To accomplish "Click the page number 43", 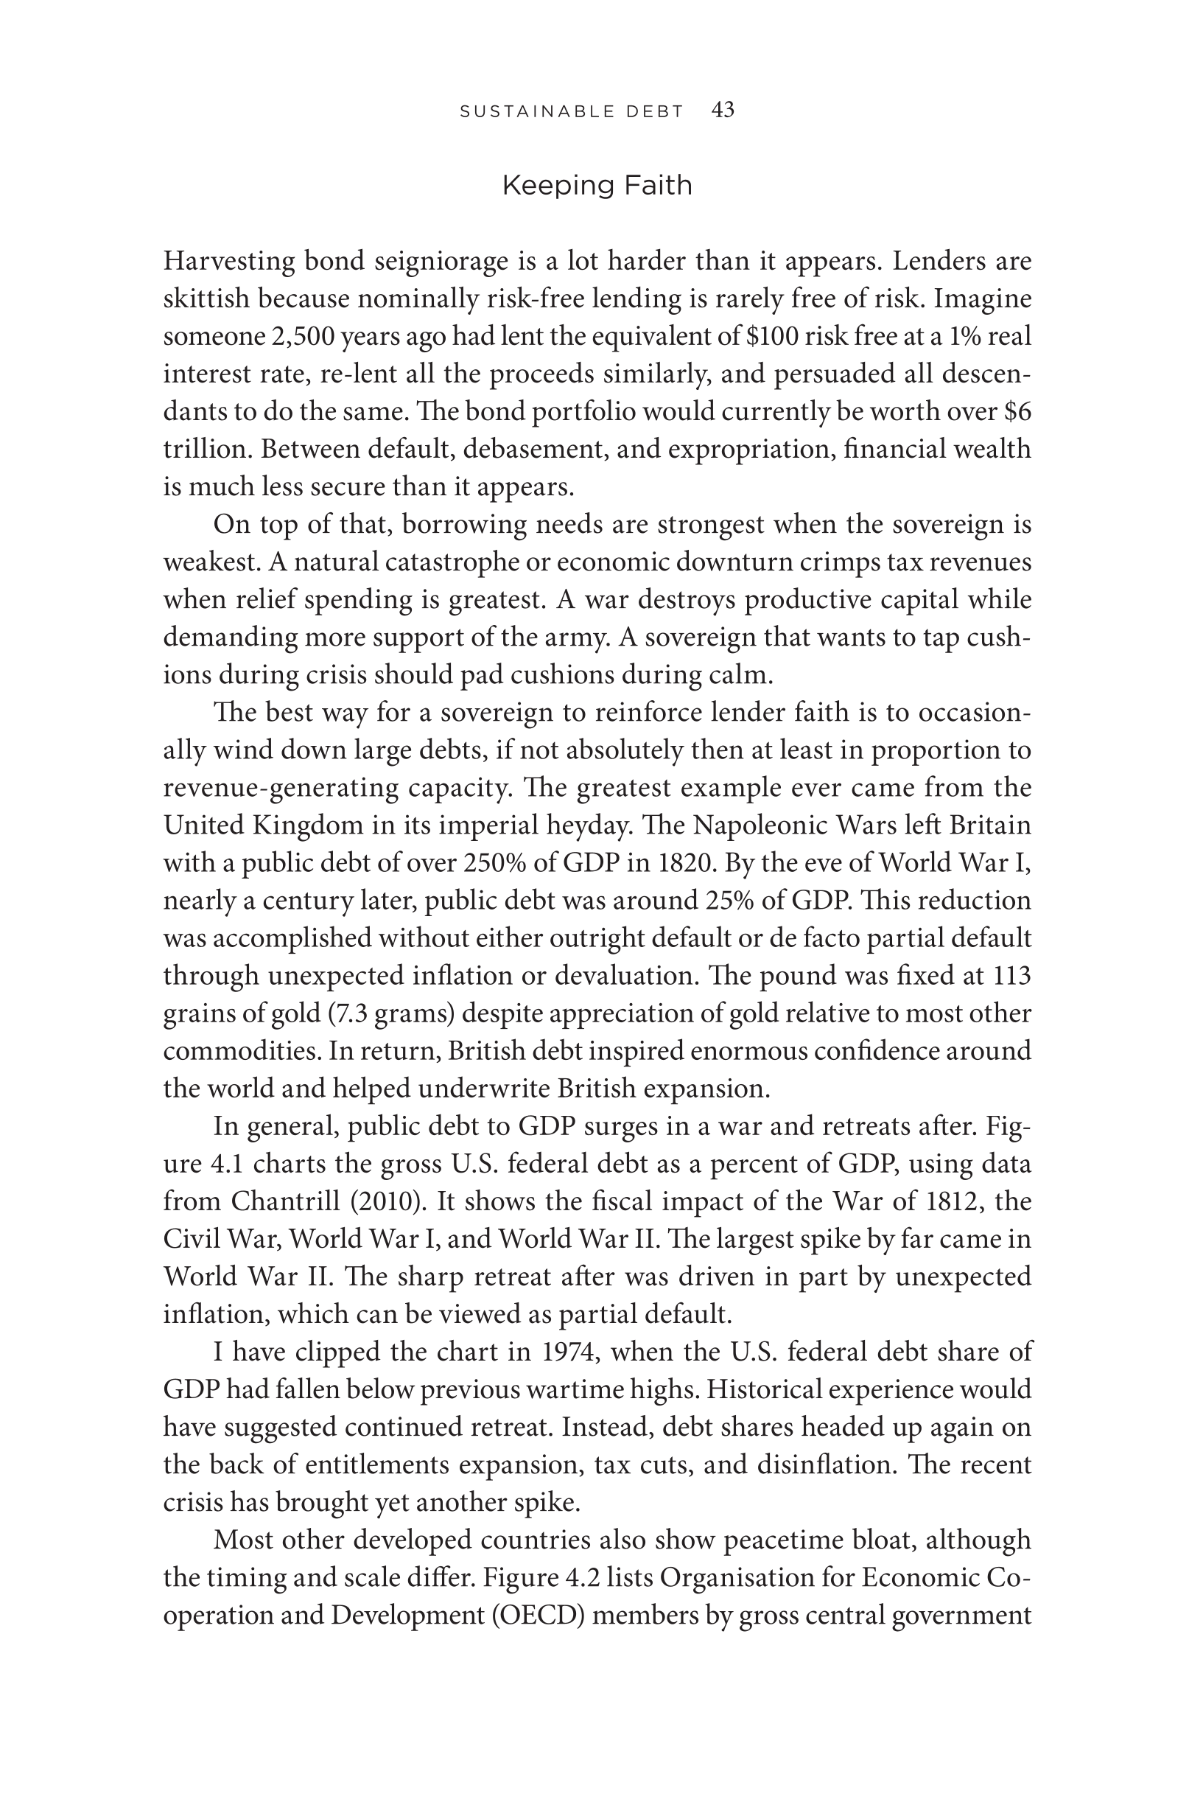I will click(x=723, y=111).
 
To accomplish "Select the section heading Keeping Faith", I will click(x=597, y=186).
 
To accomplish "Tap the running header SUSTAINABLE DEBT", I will click(x=572, y=112).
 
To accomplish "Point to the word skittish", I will click(x=206, y=299).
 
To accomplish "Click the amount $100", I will click(x=773, y=337).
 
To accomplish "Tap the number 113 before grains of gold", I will click(x=1012, y=976).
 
